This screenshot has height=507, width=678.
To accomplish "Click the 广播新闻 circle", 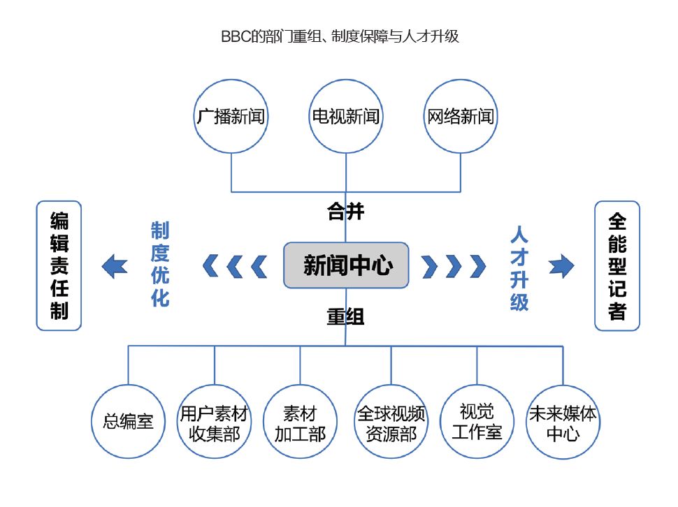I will tap(231, 116).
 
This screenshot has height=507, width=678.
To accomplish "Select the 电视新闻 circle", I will tap(346, 116).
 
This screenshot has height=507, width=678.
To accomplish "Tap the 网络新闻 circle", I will tap(461, 116).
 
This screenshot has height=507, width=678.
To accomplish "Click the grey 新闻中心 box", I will tap(346, 265).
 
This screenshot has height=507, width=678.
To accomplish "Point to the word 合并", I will tap(346, 212).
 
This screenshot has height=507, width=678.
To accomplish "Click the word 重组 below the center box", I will tap(346, 317).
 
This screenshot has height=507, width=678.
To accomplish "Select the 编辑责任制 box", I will tap(59, 265).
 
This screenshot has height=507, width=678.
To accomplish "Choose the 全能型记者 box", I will tap(617, 265).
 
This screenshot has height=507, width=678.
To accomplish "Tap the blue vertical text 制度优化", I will tap(160, 265).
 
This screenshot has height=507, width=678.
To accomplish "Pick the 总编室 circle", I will tap(128, 422).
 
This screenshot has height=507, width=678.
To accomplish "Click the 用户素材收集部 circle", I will tap(214, 422).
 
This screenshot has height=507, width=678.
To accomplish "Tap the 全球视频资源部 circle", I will tap(391, 422).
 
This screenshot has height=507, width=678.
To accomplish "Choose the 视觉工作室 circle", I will tap(477, 421).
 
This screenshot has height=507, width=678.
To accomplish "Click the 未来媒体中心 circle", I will tap(563, 422).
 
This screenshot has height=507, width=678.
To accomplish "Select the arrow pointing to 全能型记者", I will tap(561, 265).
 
